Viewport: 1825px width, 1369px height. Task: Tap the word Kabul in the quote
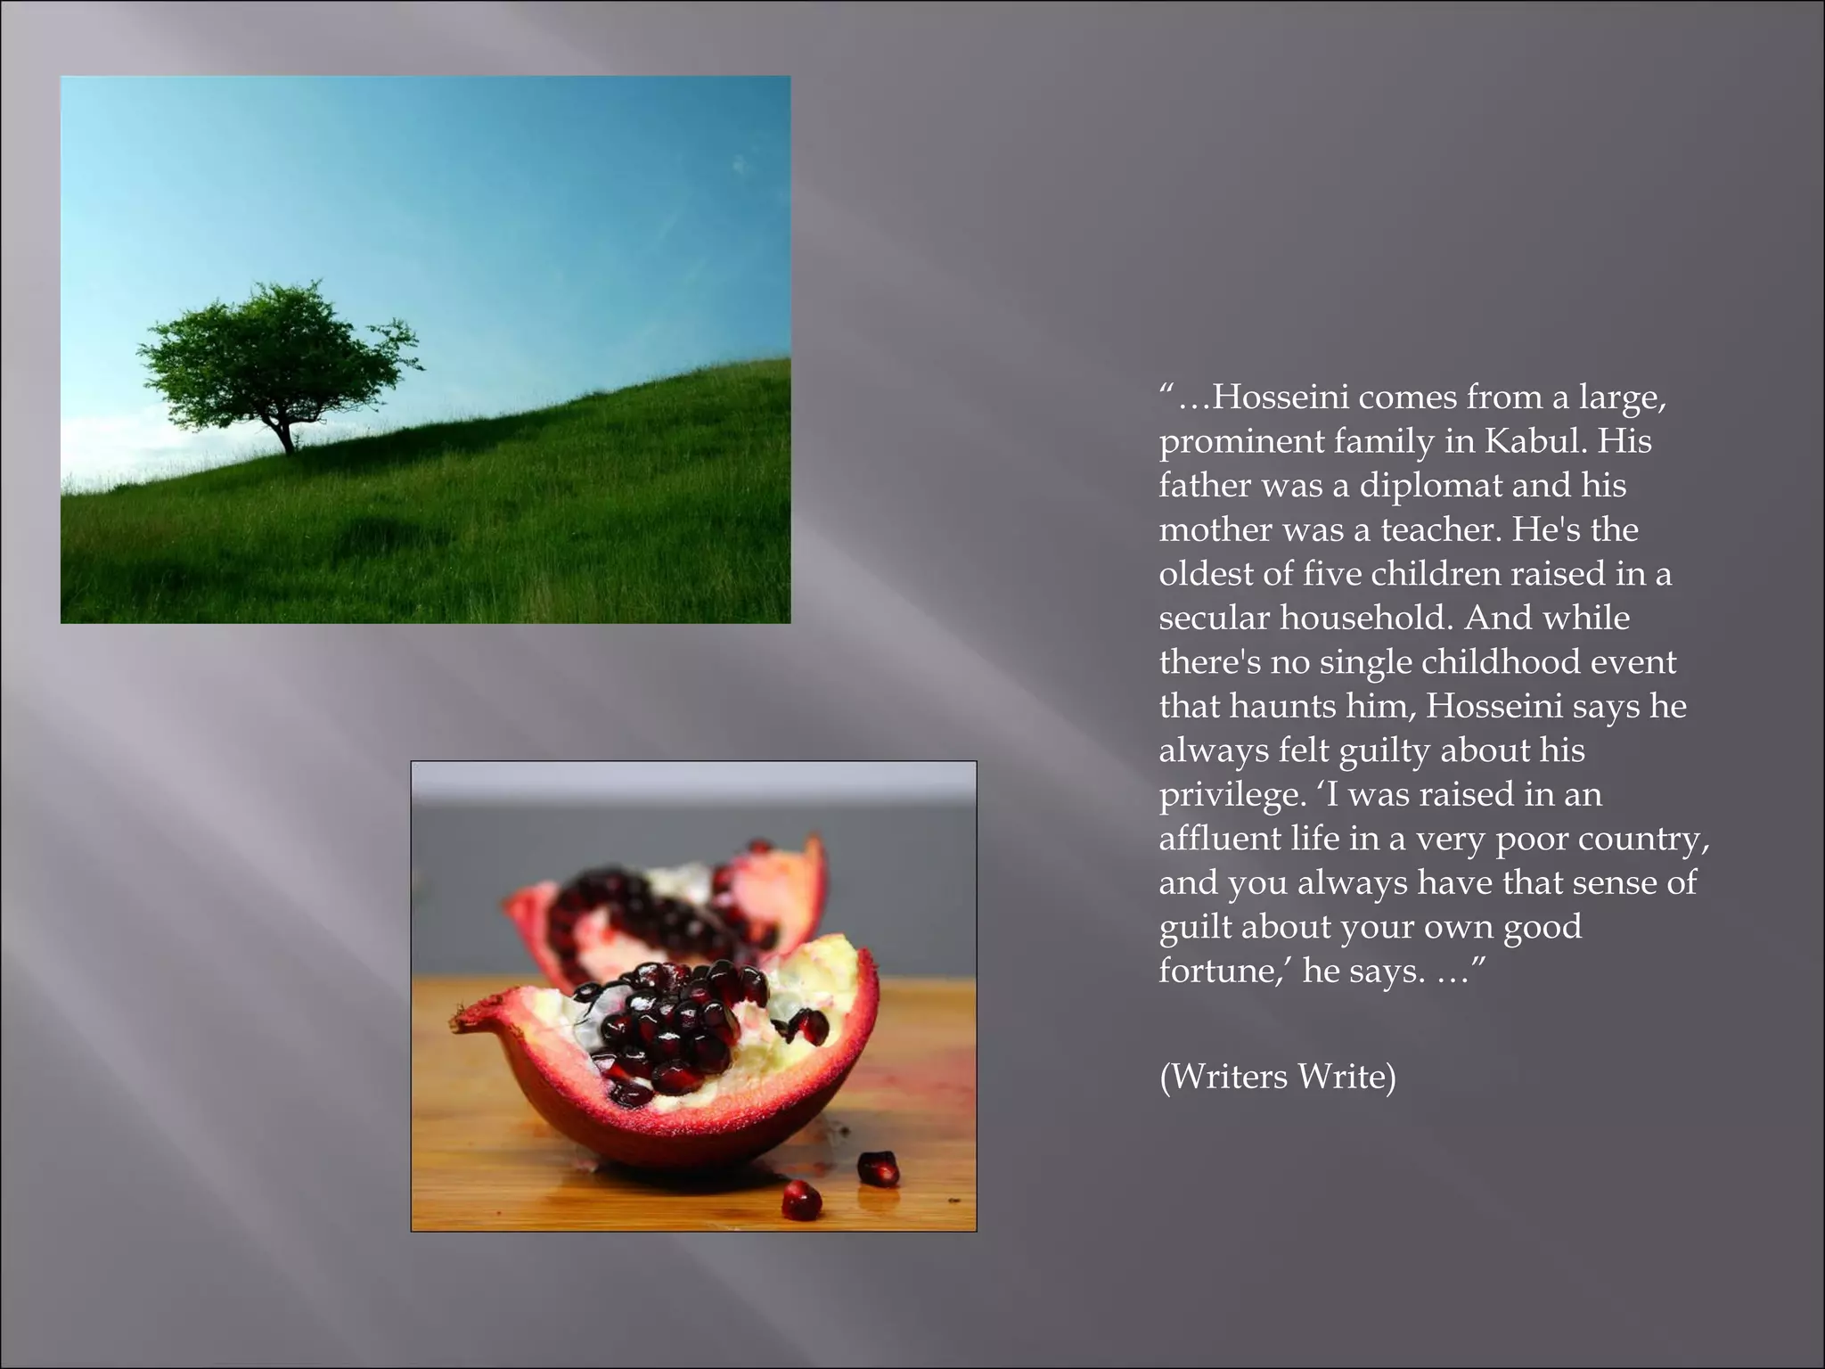[x=1536, y=441]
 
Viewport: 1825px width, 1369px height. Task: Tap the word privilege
[x=1230, y=795]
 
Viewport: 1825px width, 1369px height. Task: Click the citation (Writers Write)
[x=1277, y=1077]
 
